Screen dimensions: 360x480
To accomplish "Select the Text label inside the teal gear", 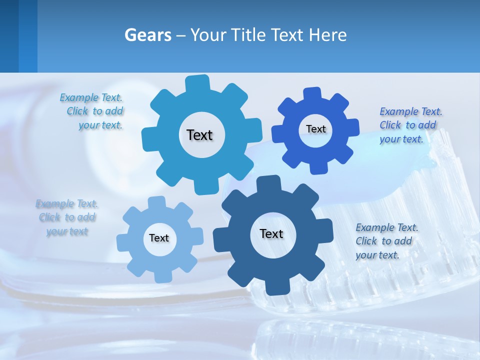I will (x=199, y=135).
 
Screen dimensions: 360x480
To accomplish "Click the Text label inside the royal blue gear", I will (x=315, y=129).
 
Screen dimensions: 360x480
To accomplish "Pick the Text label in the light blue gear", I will (x=159, y=238).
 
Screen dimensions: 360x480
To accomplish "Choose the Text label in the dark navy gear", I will (x=271, y=233).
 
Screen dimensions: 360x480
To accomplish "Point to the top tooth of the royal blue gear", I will (x=313, y=93).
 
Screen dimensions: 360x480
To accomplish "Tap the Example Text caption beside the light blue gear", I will (x=67, y=217).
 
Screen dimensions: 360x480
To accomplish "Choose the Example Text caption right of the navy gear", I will (x=386, y=241).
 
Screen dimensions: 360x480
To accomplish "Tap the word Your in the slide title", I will (x=207, y=35).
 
